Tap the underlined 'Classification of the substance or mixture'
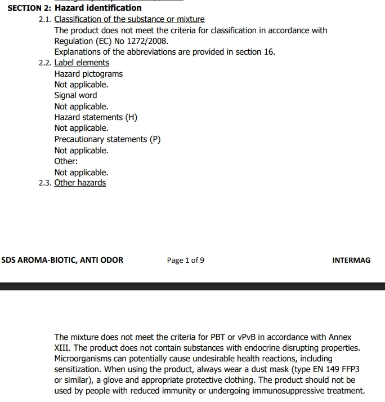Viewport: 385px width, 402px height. click(129, 19)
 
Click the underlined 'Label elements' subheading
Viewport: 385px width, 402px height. click(82, 63)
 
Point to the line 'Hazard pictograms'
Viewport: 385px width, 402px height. click(88, 74)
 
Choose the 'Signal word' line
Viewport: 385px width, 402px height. click(75, 95)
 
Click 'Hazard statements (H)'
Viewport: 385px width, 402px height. click(96, 117)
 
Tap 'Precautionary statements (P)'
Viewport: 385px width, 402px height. click(108, 139)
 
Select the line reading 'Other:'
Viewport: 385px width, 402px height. click(66, 161)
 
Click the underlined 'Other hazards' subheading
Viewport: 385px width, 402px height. click(80, 183)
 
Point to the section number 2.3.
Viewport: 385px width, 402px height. click(45, 183)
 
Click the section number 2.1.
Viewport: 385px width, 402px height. click(45, 19)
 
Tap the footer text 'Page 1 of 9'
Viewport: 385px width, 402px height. click(186, 260)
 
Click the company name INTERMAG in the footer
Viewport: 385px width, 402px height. click(352, 260)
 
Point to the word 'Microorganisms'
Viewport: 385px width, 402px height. click(83, 359)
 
